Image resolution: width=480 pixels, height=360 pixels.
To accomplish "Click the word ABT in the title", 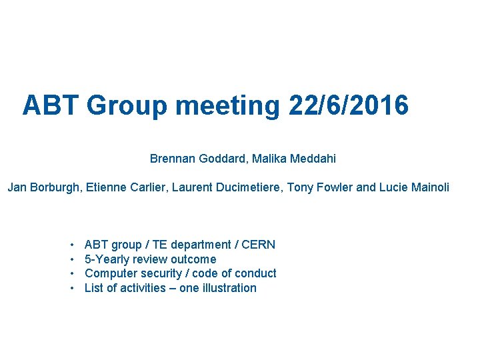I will [51, 105].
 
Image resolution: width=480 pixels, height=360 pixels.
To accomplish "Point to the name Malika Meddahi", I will [294, 159].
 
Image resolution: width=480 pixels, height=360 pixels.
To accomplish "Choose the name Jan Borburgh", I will [43, 188].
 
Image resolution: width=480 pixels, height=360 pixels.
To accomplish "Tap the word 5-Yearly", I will [106, 259].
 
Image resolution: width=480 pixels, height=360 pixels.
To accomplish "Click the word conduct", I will [256, 273].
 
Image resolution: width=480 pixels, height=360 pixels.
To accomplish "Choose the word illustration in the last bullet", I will [228, 288].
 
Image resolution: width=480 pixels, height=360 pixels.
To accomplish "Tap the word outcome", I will [194, 259].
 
